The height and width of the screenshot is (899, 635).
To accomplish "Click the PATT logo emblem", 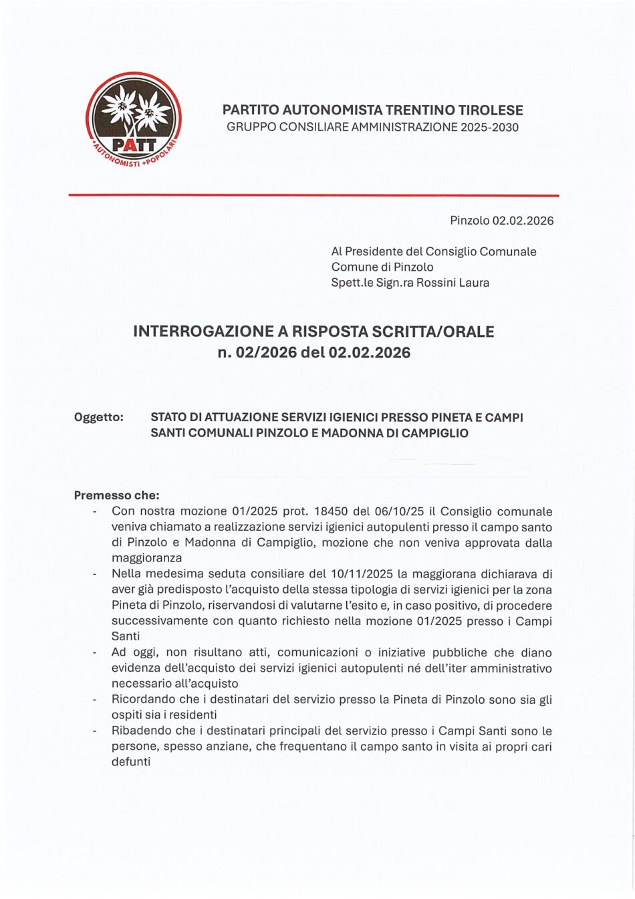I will pos(134,120).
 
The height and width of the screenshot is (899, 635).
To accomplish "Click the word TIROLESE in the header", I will pos(491,110).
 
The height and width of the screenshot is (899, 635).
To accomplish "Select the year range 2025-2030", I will pos(489,127).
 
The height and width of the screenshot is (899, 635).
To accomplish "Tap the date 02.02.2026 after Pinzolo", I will pos(523,221).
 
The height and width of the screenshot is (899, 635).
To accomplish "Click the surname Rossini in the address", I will pos(437,283).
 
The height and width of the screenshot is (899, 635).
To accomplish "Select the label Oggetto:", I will pos(99,417).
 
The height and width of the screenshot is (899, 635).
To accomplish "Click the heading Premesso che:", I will pos(116,495).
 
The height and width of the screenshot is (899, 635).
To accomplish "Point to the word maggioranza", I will pos(146,558).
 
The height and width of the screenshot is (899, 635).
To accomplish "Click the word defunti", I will pos(130,761).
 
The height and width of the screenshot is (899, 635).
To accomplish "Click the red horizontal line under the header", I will pos(313,195).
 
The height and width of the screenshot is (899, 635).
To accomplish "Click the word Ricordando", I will pos(144,700).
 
